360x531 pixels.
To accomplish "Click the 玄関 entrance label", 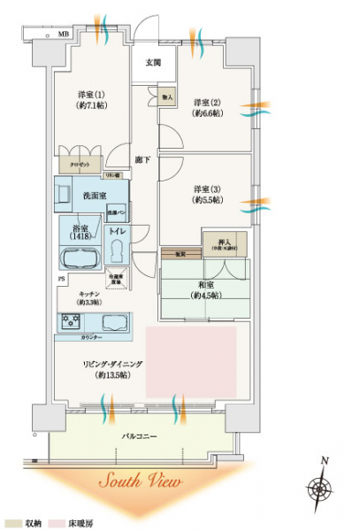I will click(x=154, y=62).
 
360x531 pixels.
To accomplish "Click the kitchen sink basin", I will click(x=116, y=320).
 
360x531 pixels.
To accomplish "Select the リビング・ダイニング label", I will click(x=100, y=368).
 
